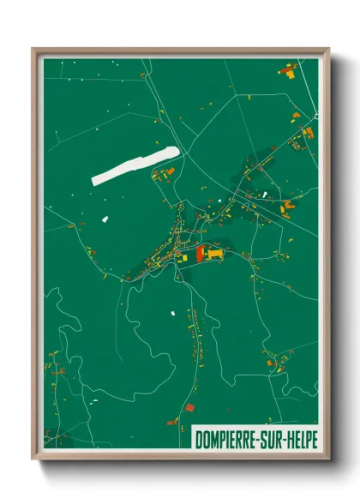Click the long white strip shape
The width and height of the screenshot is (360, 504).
[135, 165]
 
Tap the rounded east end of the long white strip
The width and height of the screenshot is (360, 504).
[175, 152]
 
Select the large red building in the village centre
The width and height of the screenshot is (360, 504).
[201, 254]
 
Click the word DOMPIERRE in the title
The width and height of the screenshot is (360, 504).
[227, 437]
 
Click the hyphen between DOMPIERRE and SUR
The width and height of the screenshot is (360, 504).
[261, 438]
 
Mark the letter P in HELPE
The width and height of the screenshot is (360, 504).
[309, 437]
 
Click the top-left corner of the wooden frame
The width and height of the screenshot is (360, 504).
[34, 50]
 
